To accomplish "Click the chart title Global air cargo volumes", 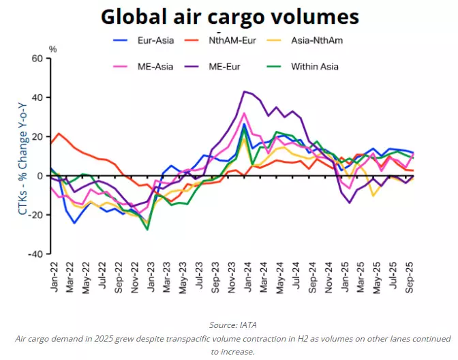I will point(229,16).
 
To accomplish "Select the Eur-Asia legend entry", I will point(154,40).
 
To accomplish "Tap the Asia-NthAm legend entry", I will point(316,40).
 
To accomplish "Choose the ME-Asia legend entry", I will point(153,66).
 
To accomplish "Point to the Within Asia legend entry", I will point(314,66).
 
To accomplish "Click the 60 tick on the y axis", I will point(37,59).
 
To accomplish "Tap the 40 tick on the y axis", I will point(37,97).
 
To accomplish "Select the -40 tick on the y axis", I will point(35,254).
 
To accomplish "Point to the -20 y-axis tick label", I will point(35,215).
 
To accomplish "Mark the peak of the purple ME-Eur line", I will point(245,91).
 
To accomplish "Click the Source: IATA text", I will point(229,325).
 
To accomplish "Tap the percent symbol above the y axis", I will point(52,49).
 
